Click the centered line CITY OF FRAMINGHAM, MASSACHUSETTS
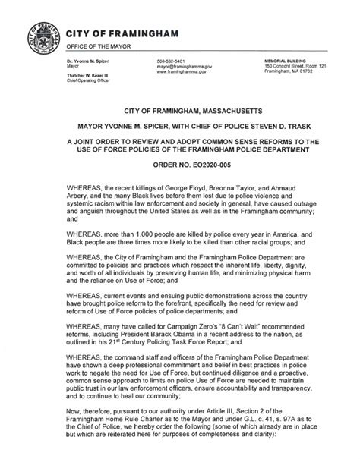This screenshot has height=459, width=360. point(180,111)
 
